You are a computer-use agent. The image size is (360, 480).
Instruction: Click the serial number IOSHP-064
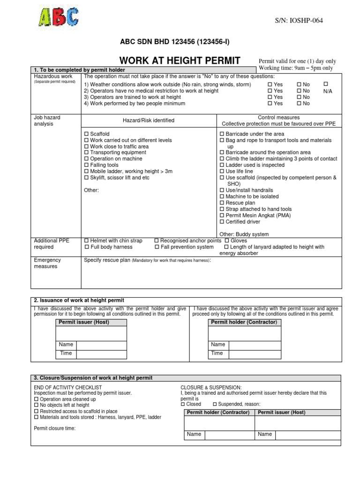[x=299, y=20]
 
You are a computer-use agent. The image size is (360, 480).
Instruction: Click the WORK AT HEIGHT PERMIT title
[x=180, y=60]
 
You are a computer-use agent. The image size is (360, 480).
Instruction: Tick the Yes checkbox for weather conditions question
[x=270, y=85]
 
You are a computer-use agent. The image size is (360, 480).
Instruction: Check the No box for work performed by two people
[x=299, y=104]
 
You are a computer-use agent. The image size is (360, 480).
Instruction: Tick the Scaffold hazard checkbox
[x=86, y=134]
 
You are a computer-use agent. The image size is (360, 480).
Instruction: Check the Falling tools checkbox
[x=86, y=165]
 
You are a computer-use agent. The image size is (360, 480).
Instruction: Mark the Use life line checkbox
[x=222, y=172]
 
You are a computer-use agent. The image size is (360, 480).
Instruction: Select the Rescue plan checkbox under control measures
[x=222, y=203]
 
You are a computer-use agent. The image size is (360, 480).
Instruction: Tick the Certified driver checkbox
[x=222, y=222]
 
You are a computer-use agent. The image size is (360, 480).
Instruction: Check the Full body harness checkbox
[x=86, y=247]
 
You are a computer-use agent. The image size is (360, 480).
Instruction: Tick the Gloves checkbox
[x=227, y=240]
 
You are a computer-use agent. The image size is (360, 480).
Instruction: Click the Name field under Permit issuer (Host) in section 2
[x=102, y=345]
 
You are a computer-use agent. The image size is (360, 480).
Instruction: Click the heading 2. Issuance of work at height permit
[x=79, y=300]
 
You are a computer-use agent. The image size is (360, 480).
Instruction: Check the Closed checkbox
[x=183, y=404]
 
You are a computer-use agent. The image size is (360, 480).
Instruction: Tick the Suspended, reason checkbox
[x=215, y=404]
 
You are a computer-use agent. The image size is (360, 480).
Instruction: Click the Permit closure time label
[x=54, y=428]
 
